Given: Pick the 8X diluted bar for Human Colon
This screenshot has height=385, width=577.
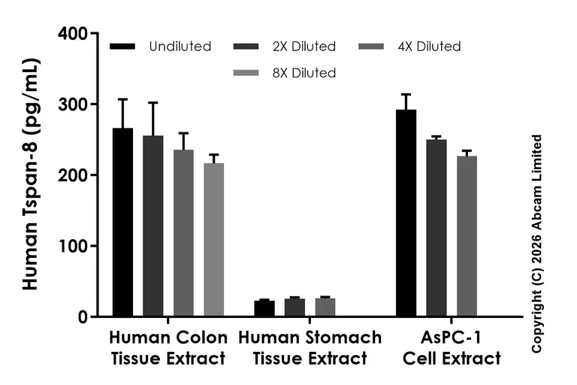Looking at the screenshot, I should pos(213,240).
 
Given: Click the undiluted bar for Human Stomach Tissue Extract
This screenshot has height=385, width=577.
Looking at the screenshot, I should pos(264,309).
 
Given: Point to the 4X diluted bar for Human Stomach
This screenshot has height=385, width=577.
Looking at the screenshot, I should pos(325,308).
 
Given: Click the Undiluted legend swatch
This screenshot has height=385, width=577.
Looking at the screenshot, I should pos(122,47).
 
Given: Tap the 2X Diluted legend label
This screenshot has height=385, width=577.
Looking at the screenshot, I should pos(304,47).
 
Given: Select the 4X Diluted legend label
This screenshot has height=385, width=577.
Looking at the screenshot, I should pos(428,47).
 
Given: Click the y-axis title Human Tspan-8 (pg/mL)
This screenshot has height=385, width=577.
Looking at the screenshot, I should pos(31,175).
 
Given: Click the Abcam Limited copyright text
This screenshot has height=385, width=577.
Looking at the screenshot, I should pos(536,243).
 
